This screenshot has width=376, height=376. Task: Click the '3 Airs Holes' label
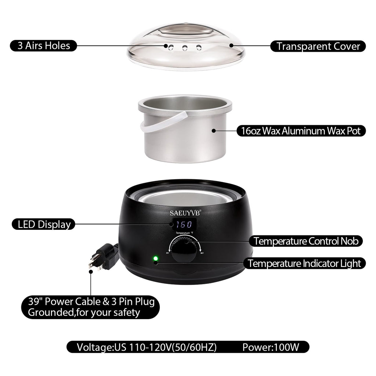(43, 46)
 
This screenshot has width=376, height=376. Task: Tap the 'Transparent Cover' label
(318, 46)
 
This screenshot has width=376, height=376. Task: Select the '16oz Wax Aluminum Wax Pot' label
(301, 131)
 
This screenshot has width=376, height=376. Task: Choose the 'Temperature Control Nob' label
(306, 241)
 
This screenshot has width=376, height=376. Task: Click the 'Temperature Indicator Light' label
(304, 263)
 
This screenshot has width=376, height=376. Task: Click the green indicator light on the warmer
(156, 258)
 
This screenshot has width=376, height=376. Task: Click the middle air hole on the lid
(185, 48)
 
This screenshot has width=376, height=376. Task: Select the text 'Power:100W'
(271, 347)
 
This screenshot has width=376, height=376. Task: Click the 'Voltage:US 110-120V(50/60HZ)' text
(147, 347)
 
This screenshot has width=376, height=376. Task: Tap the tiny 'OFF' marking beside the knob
(167, 253)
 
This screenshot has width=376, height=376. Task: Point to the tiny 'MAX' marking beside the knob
(202, 253)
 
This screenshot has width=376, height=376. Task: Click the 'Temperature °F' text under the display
(184, 233)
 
